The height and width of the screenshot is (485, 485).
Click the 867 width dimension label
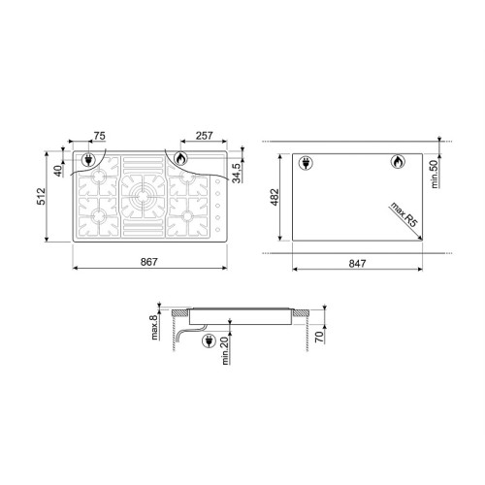click(149, 262)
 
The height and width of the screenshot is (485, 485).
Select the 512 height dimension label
click(42, 196)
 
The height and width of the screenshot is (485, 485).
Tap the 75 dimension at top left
click(99, 136)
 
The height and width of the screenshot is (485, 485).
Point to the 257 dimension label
click(205, 136)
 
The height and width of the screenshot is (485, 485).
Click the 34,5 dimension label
click(237, 174)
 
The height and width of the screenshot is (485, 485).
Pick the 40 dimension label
click(58, 171)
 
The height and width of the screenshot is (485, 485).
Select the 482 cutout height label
click(275, 197)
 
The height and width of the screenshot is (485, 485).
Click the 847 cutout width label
click(358, 264)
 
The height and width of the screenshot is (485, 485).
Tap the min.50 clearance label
click(435, 174)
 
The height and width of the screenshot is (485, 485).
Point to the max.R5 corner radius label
click(404, 214)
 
